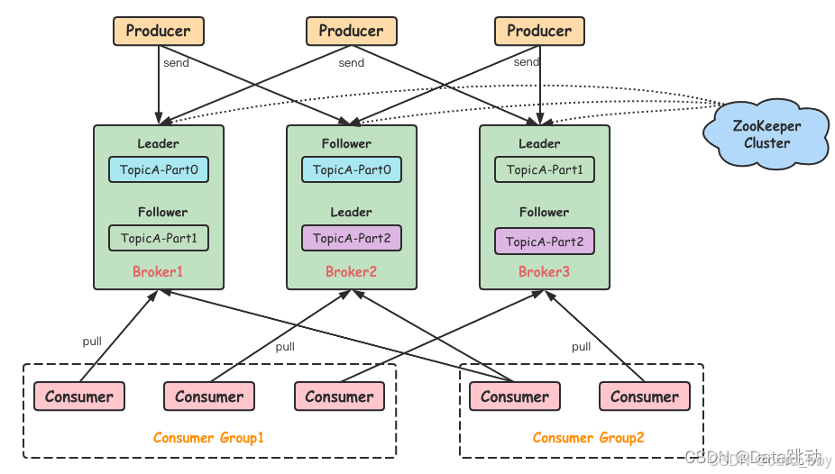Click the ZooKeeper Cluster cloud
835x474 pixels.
tap(766, 135)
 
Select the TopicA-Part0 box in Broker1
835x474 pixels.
tap(159, 169)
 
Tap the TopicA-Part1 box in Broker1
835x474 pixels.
tap(159, 238)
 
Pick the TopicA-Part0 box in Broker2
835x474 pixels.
tap(352, 169)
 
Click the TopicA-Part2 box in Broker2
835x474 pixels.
tap(352, 238)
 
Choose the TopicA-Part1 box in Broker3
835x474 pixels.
tap(545, 169)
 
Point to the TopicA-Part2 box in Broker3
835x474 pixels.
tap(545, 242)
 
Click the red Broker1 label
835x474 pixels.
tap(158, 271)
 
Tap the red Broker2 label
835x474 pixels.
tap(351, 271)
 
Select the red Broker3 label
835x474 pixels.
tap(544, 271)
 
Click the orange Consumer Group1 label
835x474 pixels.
tap(208, 438)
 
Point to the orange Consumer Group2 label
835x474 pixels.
tap(588, 438)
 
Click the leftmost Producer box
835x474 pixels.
tap(159, 31)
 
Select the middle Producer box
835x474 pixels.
tap(351, 31)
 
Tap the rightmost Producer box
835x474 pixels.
tap(539, 31)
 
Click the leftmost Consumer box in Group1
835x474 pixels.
tap(79, 397)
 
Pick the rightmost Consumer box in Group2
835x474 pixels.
tap(645, 397)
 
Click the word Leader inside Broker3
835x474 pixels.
tap(539, 143)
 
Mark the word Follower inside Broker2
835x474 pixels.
tap(346, 143)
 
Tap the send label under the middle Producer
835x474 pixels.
tap(351, 63)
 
